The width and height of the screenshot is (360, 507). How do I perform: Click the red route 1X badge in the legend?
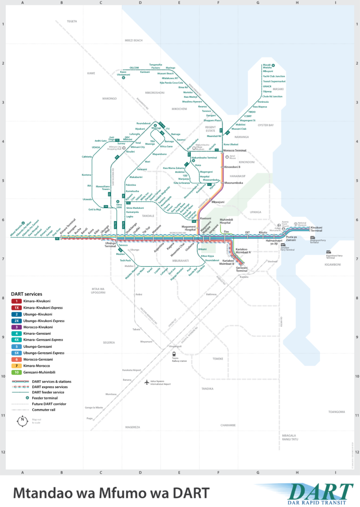(x=17, y=308)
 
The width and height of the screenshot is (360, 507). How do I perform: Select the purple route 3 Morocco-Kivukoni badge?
(x=17, y=327)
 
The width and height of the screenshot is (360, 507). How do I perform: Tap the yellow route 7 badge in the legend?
(x=17, y=366)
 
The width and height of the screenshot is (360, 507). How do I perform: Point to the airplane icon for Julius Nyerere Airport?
(x=147, y=382)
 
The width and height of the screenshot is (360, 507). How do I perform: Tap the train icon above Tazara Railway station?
(x=174, y=354)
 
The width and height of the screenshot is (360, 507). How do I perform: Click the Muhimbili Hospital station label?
(x=226, y=221)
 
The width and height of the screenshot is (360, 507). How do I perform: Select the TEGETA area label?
(x=72, y=22)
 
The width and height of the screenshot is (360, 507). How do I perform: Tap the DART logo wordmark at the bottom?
(x=320, y=490)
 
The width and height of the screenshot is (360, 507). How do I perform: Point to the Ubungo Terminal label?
(x=110, y=245)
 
